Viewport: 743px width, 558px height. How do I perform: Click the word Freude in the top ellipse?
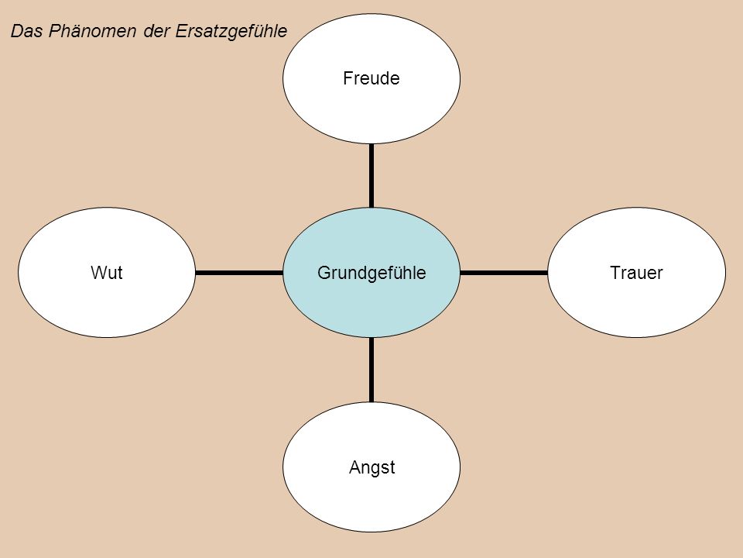[x=371, y=78]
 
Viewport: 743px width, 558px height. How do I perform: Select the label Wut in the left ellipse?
[x=107, y=273]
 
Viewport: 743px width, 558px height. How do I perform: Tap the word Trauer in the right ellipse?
[x=636, y=273]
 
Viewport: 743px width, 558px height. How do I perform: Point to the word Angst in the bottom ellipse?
[x=372, y=468]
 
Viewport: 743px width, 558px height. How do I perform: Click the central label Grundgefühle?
[x=371, y=274]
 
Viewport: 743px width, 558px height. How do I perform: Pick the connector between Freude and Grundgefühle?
[x=371, y=176]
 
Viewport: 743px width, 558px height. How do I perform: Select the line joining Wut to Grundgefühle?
[x=239, y=273]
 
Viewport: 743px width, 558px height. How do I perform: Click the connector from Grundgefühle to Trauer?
[x=504, y=273]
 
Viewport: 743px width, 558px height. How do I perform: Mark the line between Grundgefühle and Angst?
[x=371, y=370]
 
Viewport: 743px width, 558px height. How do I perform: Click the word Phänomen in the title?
[x=92, y=31]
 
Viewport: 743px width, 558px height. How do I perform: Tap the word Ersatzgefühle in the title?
[x=231, y=32]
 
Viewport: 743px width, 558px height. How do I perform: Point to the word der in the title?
[x=156, y=31]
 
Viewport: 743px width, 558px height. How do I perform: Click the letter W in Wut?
[x=99, y=273]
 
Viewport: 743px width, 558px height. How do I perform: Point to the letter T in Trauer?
[x=615, y=273]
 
